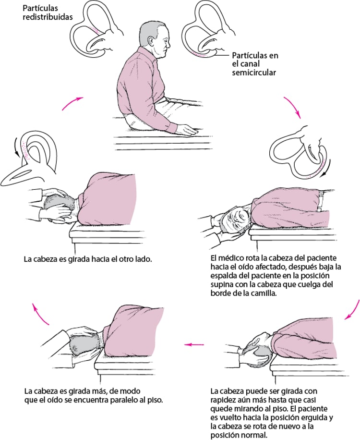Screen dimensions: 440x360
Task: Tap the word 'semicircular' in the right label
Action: click(252, 73)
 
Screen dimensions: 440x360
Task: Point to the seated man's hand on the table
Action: click(184, 129)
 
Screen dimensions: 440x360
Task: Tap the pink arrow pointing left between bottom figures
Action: click(194, 343)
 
